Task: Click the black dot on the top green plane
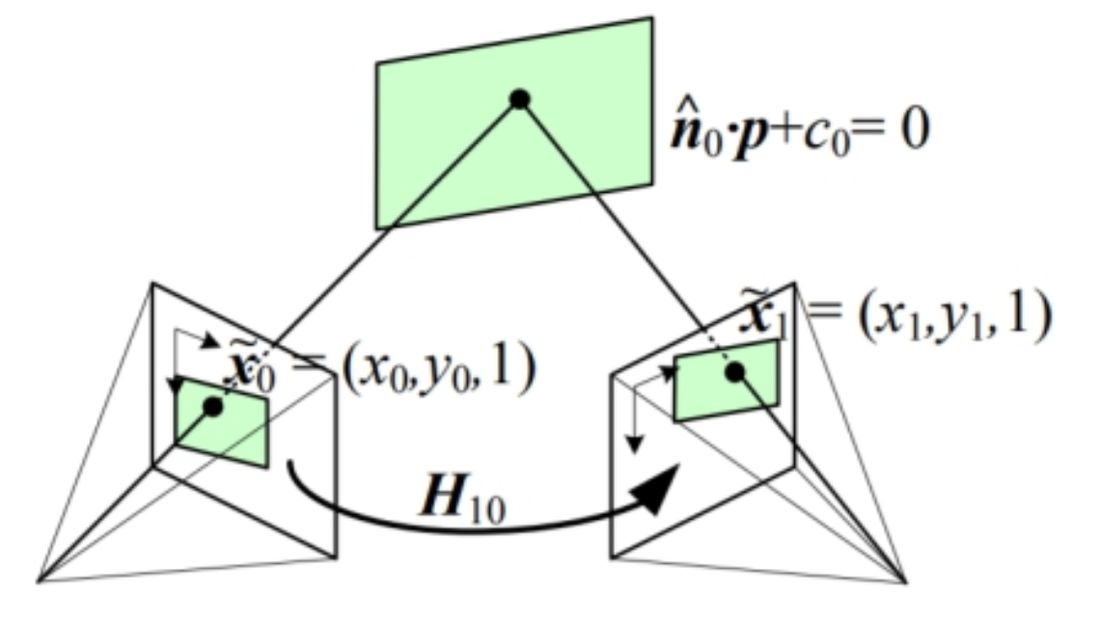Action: point(520,98)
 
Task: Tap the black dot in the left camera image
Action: point(213,407)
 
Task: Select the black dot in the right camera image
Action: point(734,371)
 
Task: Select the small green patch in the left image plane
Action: point(222,424)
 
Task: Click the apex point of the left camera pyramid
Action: point(39,580)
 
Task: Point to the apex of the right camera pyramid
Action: point(907,581)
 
